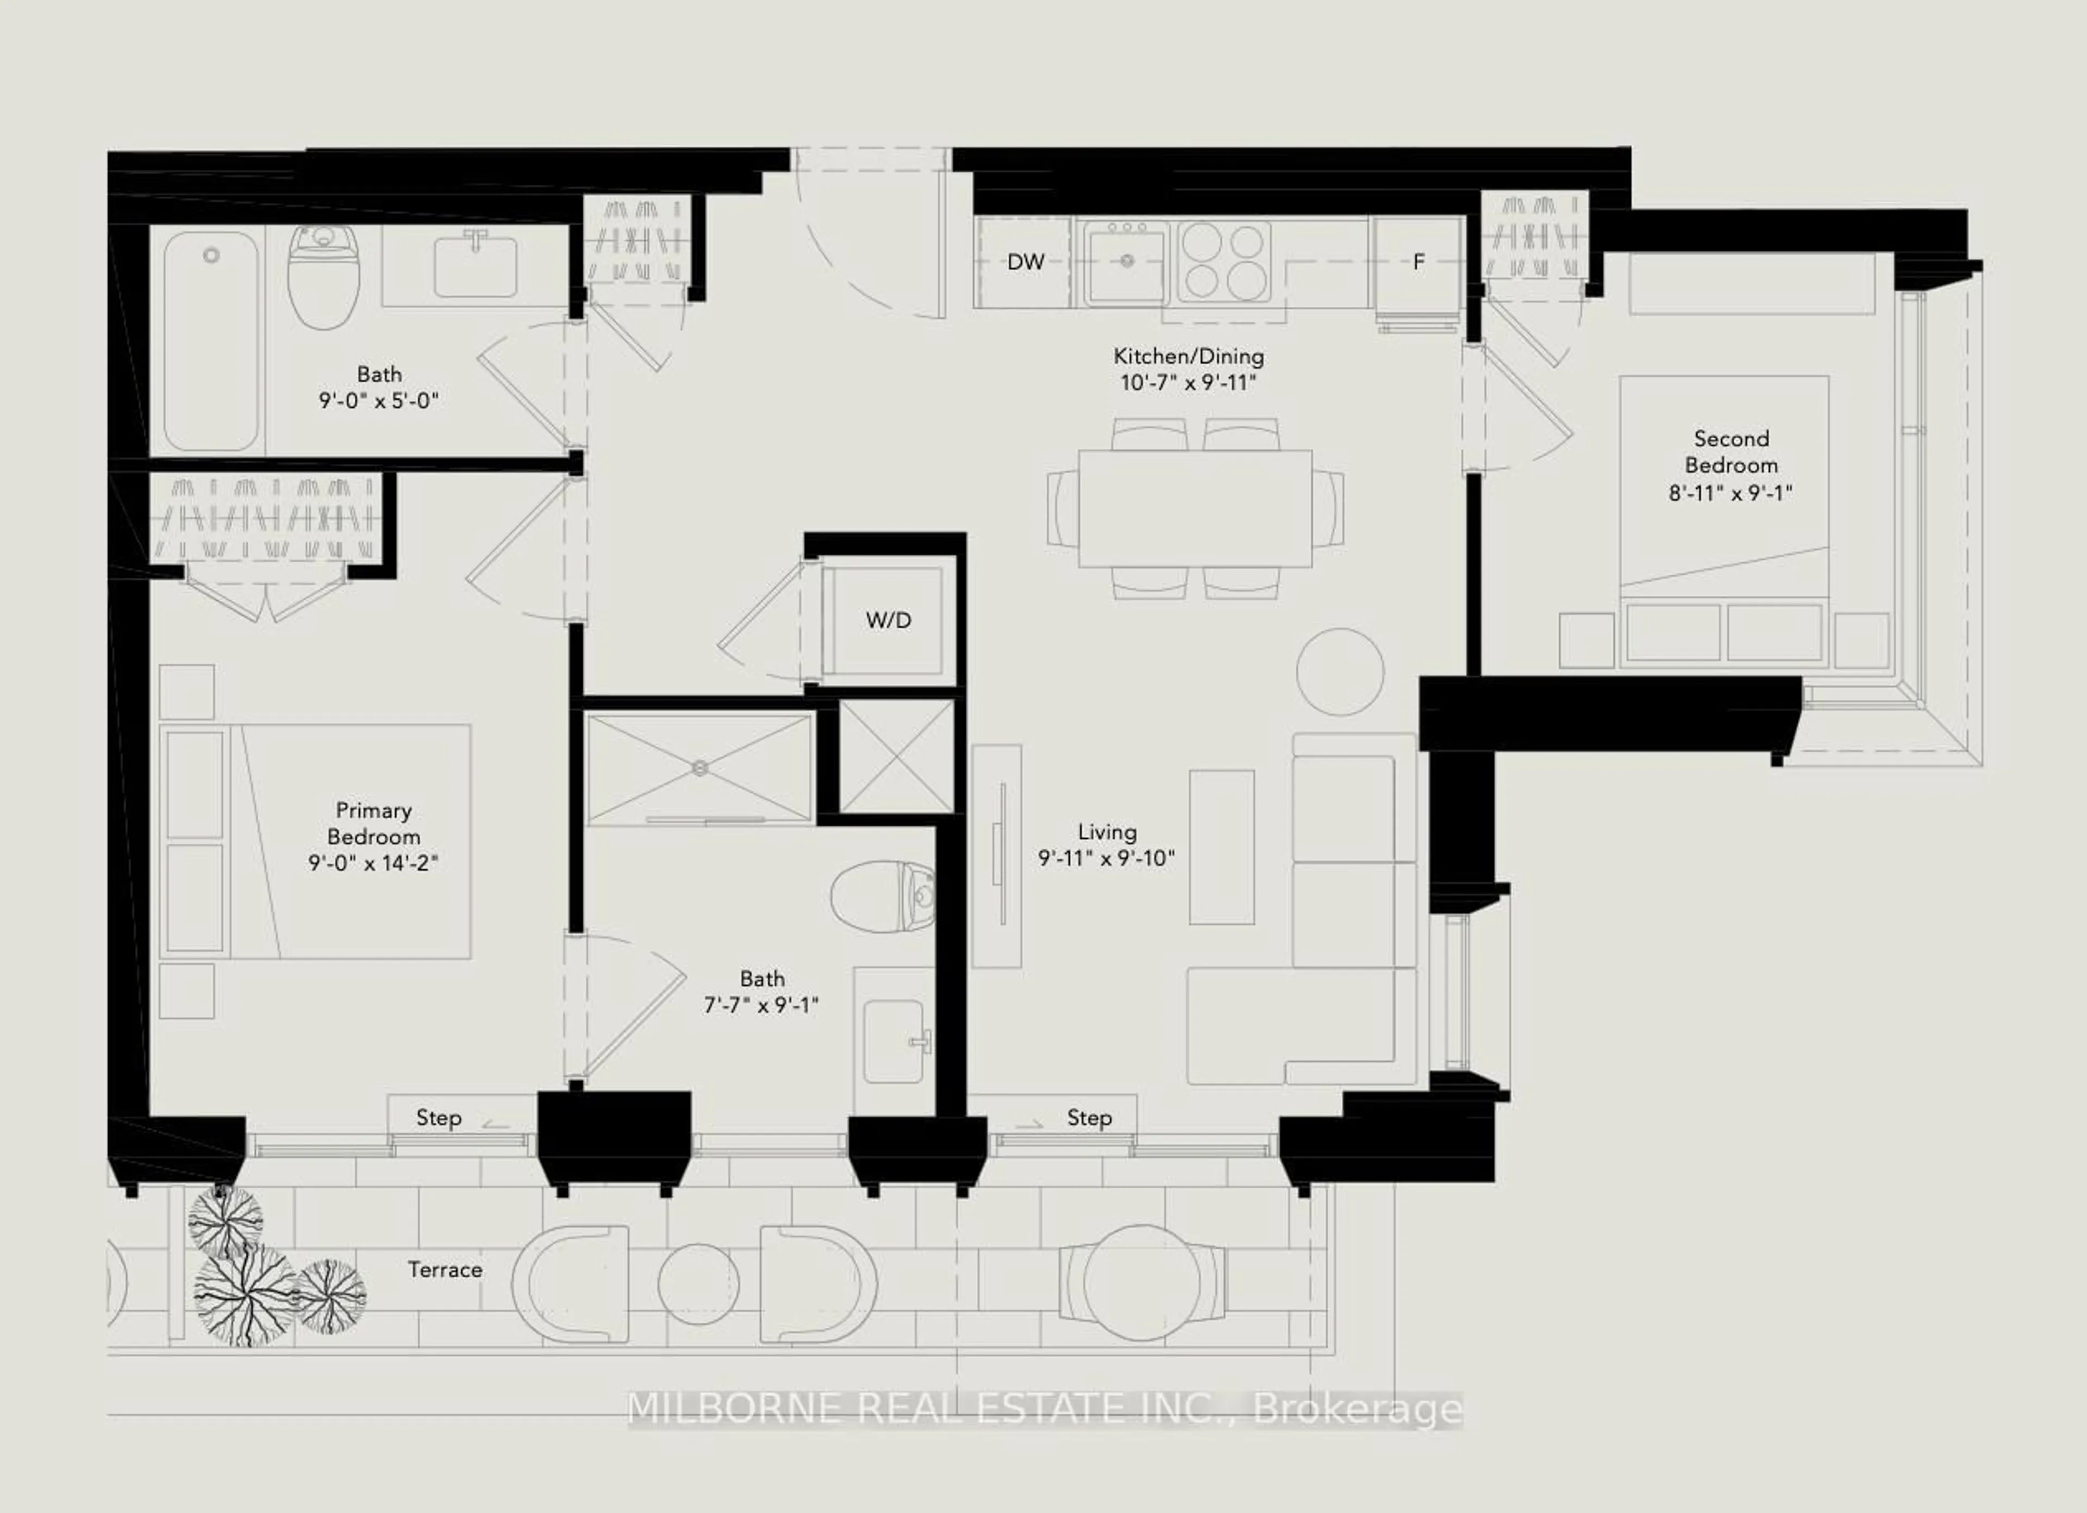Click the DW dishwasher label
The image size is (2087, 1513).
coord(1025,262)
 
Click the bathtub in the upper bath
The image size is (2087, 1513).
coord(211,340)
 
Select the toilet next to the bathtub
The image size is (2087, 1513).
coord(324,278)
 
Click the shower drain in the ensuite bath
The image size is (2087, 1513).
coord(700,767)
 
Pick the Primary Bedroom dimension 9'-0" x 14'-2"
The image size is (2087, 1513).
coord(373,863)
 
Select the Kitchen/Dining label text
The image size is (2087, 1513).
coord(1188,356)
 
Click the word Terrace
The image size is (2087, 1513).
coord(445,1270)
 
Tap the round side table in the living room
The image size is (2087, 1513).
coord(1340,672)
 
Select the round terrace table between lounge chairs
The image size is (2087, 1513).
coord(698,1285)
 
